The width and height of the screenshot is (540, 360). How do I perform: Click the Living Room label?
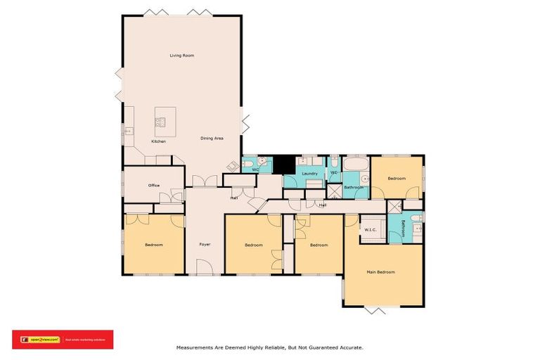[181, 56]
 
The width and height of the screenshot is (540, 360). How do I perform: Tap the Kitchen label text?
[159, 142]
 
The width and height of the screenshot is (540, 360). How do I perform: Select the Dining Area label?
[212, 139]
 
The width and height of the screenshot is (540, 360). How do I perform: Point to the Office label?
[154, 186]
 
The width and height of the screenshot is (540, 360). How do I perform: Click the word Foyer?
[205, 245]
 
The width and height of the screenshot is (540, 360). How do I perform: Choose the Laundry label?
[309, 174]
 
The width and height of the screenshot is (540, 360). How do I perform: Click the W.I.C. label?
[371, 229]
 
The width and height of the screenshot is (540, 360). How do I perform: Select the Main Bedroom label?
[381, 272]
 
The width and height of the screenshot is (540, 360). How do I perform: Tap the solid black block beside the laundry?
[283, 164]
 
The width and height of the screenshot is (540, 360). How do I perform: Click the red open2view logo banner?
[63, 340]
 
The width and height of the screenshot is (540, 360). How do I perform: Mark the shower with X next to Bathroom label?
[335, 191]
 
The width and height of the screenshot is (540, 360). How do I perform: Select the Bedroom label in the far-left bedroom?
[154, 245]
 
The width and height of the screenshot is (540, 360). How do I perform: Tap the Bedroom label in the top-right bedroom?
[397, 179]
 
